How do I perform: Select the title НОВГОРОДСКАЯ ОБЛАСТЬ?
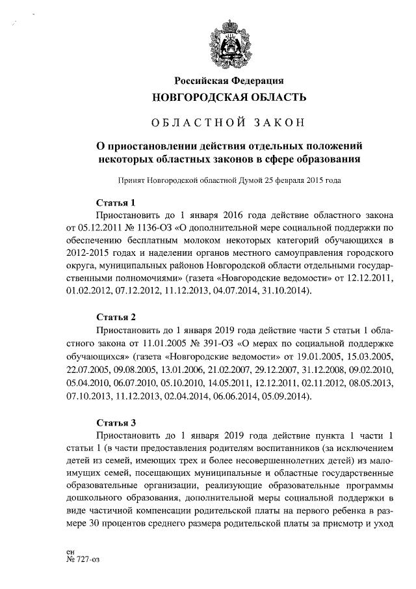229,98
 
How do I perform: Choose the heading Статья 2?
115,317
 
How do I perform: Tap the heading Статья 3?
115,420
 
